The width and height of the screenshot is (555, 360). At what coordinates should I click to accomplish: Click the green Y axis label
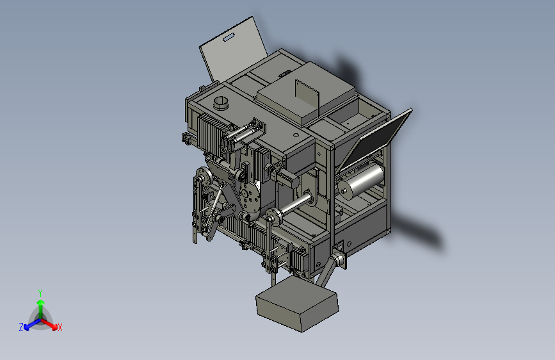click(x=40, y=293)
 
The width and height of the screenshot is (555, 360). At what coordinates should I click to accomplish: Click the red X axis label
click(x=60, y=327)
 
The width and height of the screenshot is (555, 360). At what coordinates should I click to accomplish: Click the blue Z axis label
click(x=21, y=327)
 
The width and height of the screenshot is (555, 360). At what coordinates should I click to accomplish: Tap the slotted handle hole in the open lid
click(x=229, y=37)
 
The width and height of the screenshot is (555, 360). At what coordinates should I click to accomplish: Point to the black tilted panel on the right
click(x=377, y=139)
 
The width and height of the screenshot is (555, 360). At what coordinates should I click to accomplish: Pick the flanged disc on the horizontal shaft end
click(x=273, y=217)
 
